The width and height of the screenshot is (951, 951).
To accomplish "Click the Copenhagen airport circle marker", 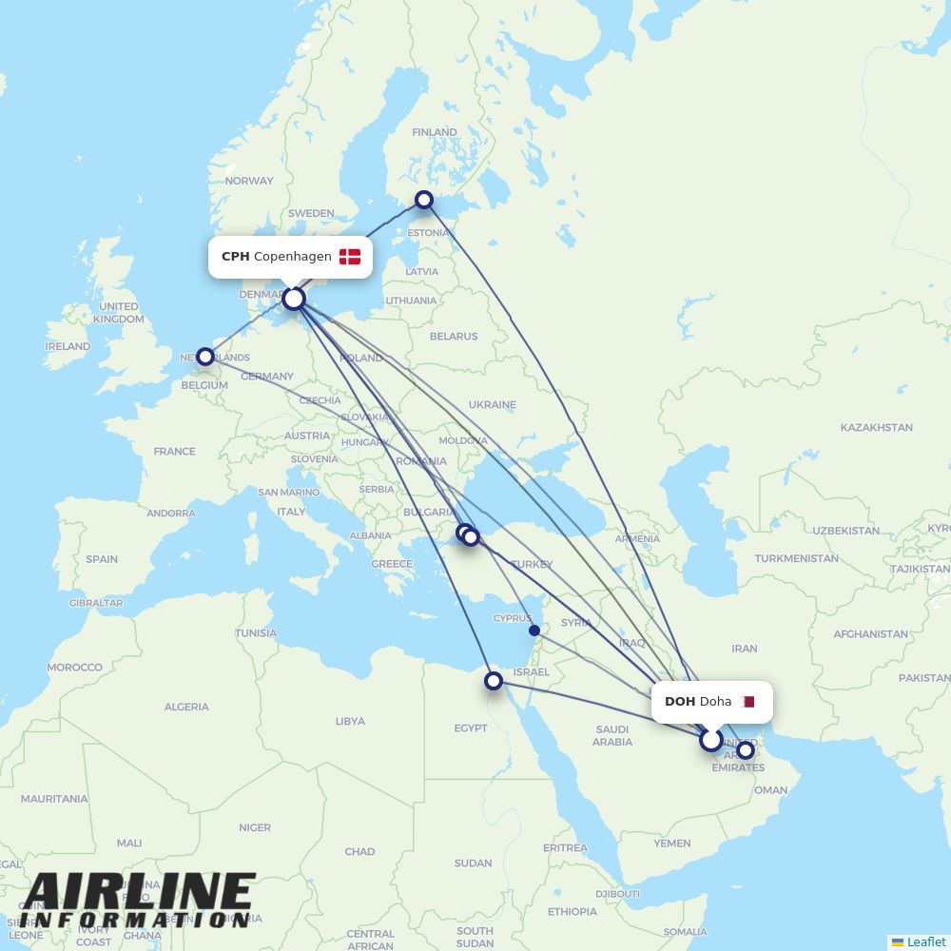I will tap(294, 299).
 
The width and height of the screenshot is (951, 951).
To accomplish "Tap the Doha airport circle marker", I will tap(711, 739).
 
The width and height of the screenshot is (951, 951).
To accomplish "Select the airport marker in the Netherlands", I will tap(205, 357).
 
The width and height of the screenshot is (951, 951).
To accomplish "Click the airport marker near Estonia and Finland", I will tap(424, 200).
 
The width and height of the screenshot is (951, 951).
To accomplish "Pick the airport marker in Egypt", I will tap(494, 681).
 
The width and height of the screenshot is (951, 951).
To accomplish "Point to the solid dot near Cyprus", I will tap(534, 631).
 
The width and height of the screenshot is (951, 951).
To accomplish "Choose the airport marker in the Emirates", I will tap(746, 750).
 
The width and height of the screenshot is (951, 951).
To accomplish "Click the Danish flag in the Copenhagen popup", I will tap(350, 257).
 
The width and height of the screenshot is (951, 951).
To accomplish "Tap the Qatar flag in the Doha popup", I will tap(747, 702).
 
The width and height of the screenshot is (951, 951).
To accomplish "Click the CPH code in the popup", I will tap(235, 257).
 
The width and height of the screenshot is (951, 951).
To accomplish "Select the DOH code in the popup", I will tap(679, 702).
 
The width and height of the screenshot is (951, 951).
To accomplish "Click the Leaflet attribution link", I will tap(925, 941).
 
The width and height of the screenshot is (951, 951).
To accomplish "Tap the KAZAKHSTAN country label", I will tap(876, 428).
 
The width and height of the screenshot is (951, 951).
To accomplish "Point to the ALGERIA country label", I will tap(186, 707).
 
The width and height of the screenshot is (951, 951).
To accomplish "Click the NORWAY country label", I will tap(249, 181).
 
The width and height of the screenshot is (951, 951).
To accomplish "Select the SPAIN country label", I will tap(102, 559).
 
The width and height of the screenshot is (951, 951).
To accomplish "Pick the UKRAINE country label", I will tap(492, 405).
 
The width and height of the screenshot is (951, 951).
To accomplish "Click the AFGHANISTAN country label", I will tap(870, 634).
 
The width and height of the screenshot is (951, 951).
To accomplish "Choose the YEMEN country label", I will tap(671, 844).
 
